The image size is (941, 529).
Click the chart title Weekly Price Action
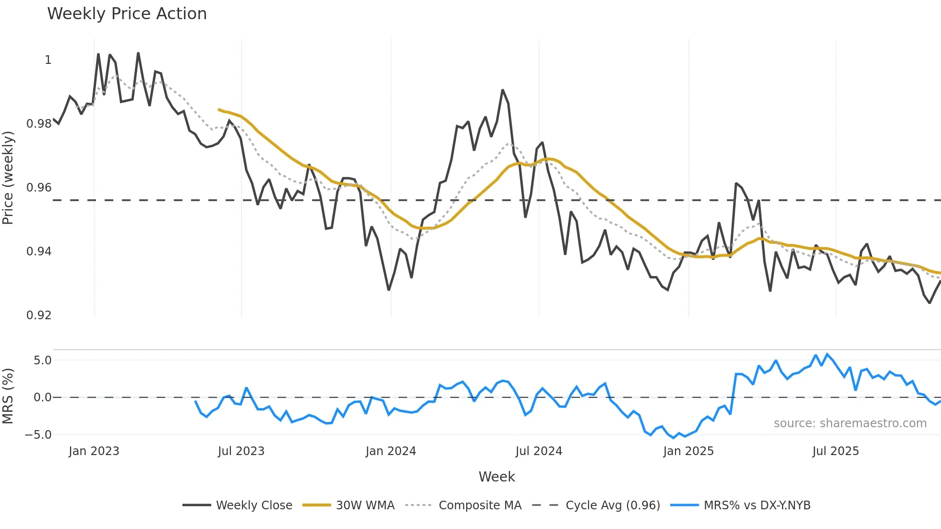pos(127,14)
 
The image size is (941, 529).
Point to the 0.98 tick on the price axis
pos(39,124)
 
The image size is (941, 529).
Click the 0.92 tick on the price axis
pos(39,315)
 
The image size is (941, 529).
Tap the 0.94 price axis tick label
pos(39,252)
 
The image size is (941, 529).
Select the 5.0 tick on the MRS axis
pos(42,361)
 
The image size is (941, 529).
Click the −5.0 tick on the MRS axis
pos(38,435)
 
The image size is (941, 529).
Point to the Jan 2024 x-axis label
pos(390,451)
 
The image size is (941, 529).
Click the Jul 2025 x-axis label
pos(835,451)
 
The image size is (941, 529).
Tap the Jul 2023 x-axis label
pos(241,451)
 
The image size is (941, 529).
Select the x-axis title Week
pos(496,477)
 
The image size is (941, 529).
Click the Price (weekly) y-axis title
pos(8,178)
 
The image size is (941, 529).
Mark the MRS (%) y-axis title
pos(8,396)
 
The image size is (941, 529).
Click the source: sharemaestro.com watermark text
pos(850,423)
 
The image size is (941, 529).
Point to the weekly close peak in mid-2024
pos(503,90)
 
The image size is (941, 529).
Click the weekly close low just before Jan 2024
pos(388,290)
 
